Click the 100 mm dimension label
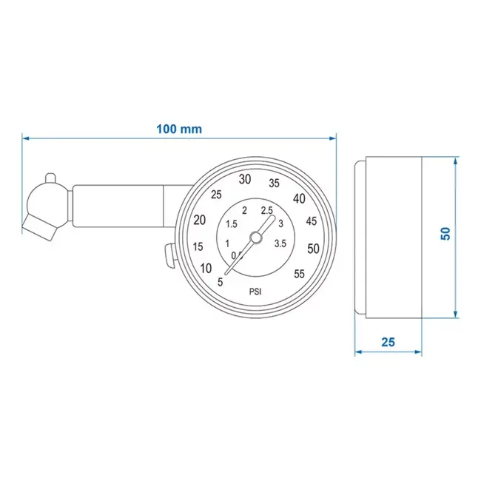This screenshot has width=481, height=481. [179, 128]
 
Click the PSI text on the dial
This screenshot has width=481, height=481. [255, 291]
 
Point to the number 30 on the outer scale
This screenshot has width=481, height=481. [245, 179]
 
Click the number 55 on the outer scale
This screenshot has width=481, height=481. [299, 274]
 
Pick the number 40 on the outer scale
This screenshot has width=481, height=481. [300, 198]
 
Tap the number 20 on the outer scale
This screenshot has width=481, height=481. [200, 220]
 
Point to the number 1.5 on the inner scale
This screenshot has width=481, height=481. [231, 224]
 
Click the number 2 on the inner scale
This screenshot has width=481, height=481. [244, 211]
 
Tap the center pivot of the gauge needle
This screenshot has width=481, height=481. [255, 237]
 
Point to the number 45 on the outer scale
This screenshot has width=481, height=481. [312, 221]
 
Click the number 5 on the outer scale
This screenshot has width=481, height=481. [221, 282]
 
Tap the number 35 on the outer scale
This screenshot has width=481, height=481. [274, 184]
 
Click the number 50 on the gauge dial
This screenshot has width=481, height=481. [313, 248]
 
